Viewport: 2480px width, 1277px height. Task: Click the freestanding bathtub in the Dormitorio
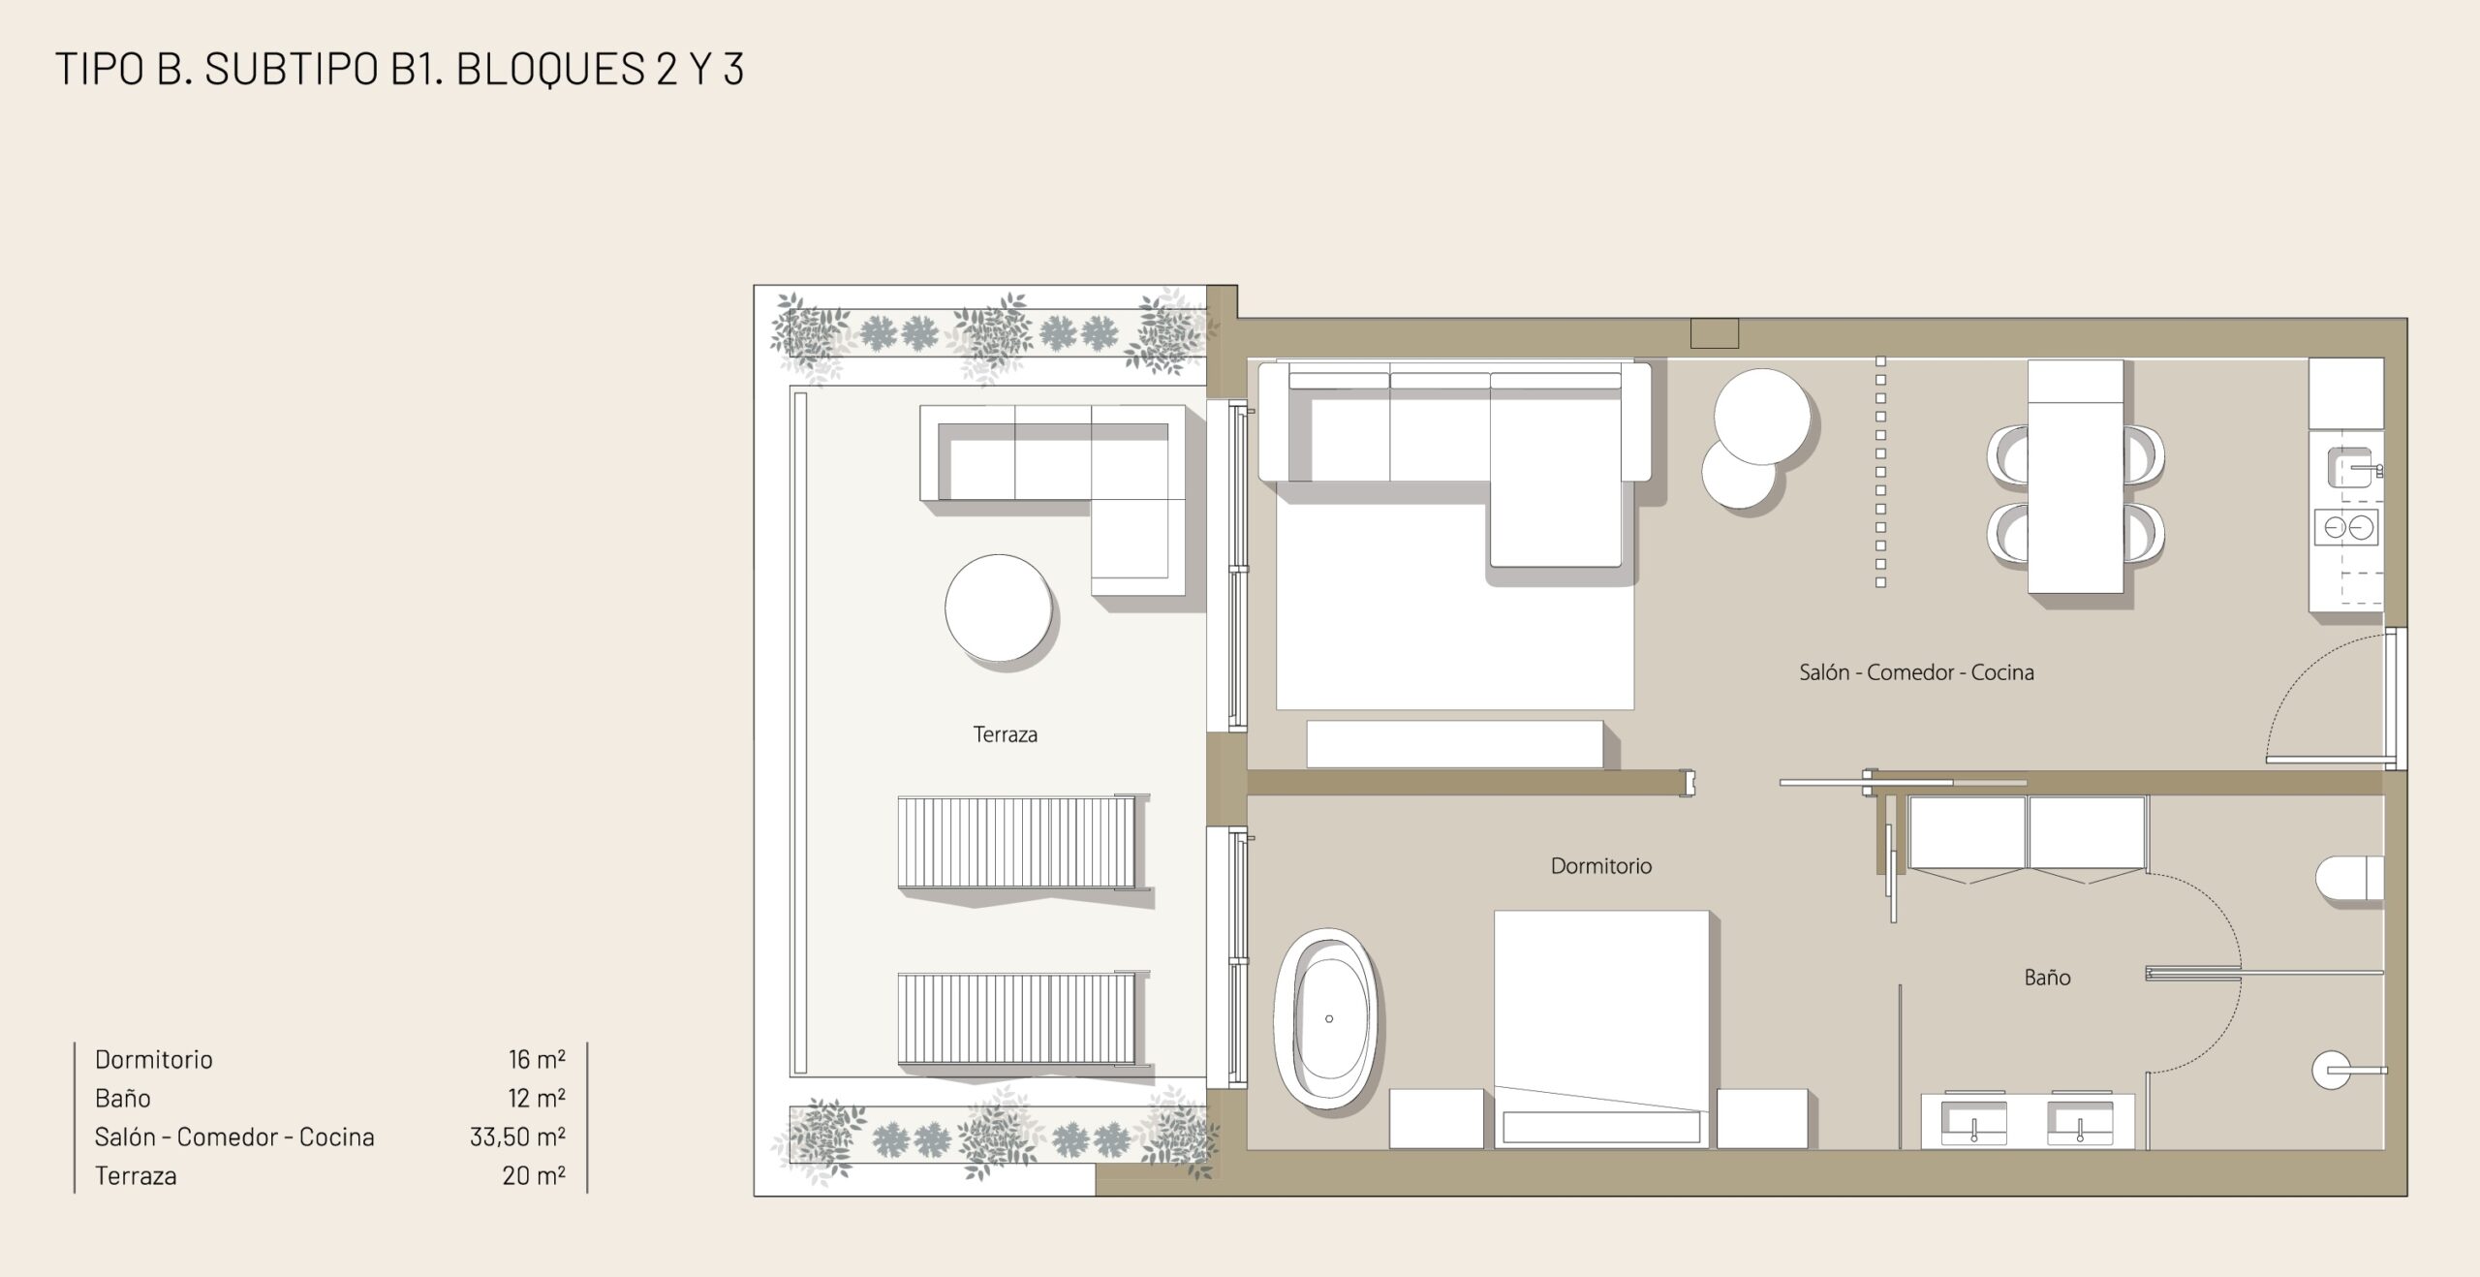tap(1325, 1018)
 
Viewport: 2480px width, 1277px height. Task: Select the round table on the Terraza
tap(998, 607)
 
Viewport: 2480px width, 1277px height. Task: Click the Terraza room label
tap(1005, 734)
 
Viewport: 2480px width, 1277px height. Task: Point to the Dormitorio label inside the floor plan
tap(1600, 866)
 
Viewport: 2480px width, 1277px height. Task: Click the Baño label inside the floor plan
tap(2047, 977)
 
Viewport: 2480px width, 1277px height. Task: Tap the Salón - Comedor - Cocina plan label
tap(1916, 672)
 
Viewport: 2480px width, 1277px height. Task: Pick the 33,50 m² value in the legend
tap(517, 1137)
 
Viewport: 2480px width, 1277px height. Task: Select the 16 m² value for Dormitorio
tap(537, 1059)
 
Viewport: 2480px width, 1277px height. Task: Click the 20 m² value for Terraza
tap(534, 1175)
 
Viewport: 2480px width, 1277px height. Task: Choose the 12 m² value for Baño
tap(537, 1098)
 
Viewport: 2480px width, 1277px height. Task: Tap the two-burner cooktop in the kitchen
tap(2345, 528)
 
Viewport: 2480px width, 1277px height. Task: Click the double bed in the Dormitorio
tap(1601, 1029)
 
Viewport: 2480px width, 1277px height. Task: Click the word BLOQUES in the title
tap(550, 69)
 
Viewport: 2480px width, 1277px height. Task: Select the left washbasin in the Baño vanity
tap(1973, 1121)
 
